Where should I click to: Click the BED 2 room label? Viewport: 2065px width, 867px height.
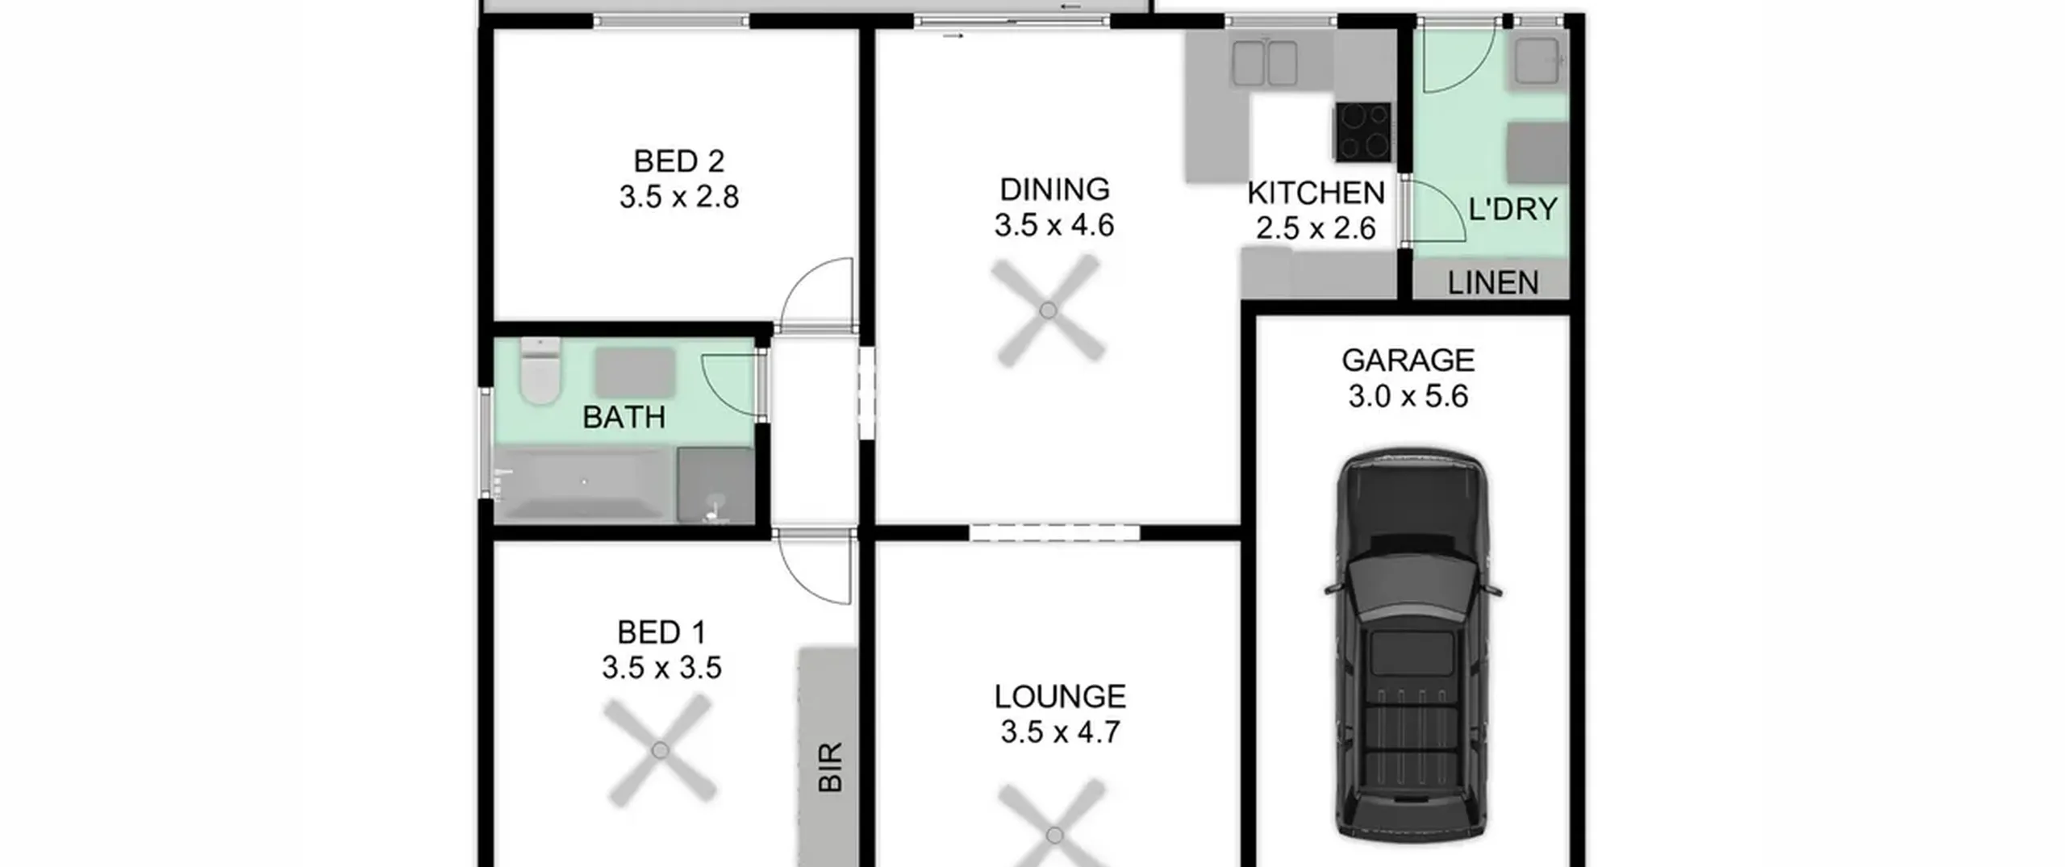tap(678, 161)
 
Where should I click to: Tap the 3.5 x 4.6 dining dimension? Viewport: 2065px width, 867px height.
tap(1053, 225)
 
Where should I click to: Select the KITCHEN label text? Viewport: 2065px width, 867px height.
tap(1316, 194)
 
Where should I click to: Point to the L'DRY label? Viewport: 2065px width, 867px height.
tap(1512, 210)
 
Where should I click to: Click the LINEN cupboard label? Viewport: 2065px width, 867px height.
tap(1492, 283)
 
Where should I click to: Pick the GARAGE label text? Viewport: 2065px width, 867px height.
tap(1408, 361)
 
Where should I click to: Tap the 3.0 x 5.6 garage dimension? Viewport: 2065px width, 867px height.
tap(1408, 396)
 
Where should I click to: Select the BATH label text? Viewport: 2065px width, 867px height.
tap(624, 418)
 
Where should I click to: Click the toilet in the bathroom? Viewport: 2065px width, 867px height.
tap(540, 371)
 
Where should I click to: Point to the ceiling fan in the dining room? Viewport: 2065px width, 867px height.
tap(1048, 311)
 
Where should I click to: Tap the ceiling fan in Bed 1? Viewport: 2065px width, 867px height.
tap(660, 751)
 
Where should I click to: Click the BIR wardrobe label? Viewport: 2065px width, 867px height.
tap(830, 767)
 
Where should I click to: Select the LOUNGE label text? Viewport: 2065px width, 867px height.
tap(1060, 697)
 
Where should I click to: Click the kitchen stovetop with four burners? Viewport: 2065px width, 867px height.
tap(1363, 131)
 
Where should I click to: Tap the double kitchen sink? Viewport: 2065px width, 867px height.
tap(1264, 63)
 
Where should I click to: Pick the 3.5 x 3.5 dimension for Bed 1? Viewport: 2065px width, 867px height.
tap(661, 668)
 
